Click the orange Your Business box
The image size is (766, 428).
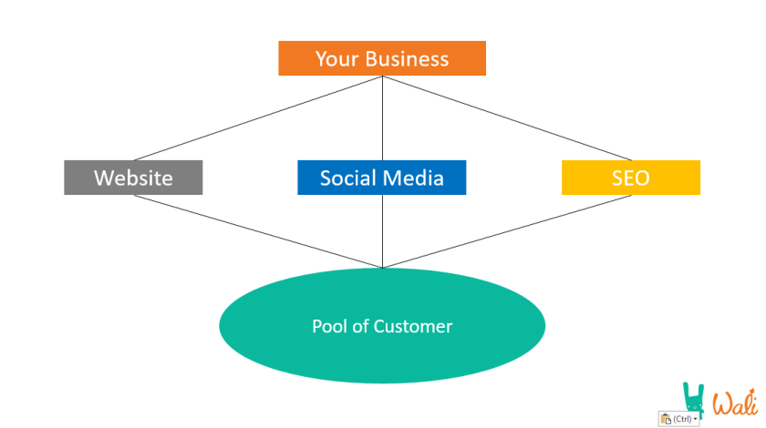pyautogui.click(x=382, y=59)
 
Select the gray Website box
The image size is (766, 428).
pyautogui.click(x=133, y=178)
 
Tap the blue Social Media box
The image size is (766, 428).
pyautogui.click(x=381, y=178)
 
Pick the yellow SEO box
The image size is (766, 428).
pyautogui.click(x=630, y=178)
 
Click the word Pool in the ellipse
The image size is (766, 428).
pyautogui.click(x=328, y=326)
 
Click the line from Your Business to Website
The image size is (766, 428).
pyautogui.click(x=258, y=118)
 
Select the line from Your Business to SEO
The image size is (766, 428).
pyautogui.click(x=506, y=118)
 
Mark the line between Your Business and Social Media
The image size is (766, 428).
pyautogui.click(x=382, y=118)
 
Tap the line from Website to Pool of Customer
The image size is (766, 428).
pyautogui.click(x=258, y=231)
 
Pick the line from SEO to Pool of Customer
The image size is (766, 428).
pyautogui.click(x=506, y=231)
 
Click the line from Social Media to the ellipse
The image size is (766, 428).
pyautogui.click(x=382, y=231)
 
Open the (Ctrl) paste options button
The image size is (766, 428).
pyautogui.click(x=680, y=418)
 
